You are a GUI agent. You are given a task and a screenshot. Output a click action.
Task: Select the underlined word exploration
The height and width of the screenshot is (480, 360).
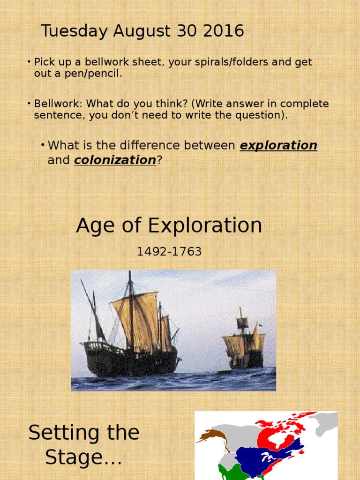(x=278, y=145)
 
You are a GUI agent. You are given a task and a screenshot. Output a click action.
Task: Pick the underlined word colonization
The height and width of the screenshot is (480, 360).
(x=115, y=160)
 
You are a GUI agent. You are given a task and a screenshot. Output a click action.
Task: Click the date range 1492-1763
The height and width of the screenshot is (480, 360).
(x=169, y=252)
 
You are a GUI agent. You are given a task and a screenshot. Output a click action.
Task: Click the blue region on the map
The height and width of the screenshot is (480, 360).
(x=262, y=457)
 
